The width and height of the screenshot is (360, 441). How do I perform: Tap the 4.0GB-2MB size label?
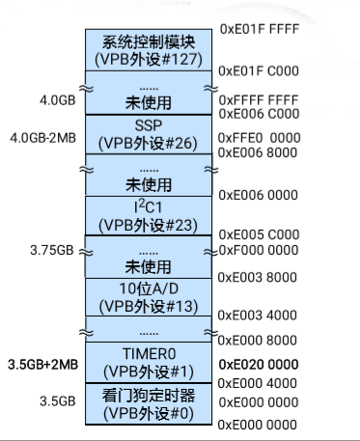pos(42,137)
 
